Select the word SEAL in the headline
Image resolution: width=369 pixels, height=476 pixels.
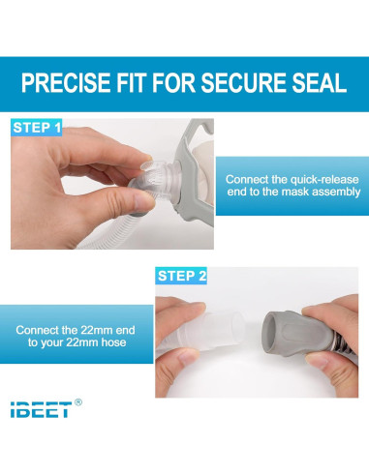319,83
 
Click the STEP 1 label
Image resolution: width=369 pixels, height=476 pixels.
38,127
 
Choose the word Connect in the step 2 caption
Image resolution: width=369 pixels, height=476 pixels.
40,330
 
